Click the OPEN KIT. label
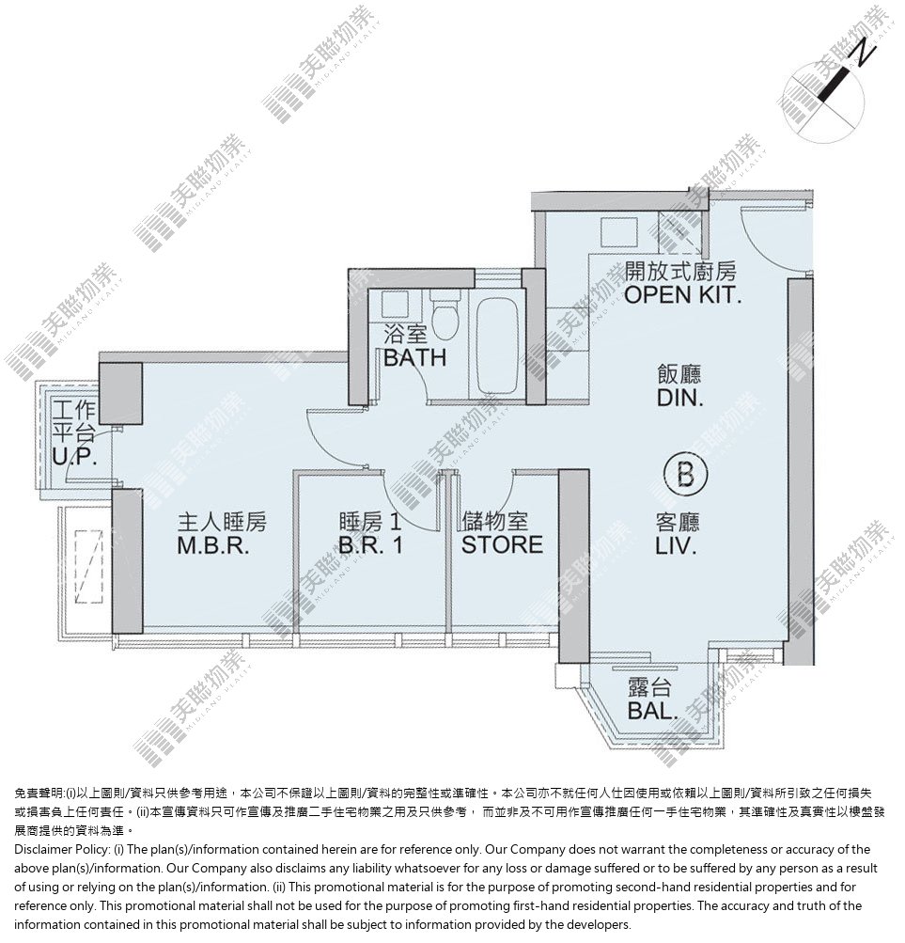coord(682,294)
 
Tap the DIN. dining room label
coord(680,398)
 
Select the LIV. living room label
coord(677,546)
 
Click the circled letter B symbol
coord(685,475)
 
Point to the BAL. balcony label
coord(652,711)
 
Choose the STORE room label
coord(502,545)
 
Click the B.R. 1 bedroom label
coord(370,545)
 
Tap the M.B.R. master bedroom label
coord(213,546)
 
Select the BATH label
coord(415,358)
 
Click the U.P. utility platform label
coord(74,457)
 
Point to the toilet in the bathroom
coord(445,314)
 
